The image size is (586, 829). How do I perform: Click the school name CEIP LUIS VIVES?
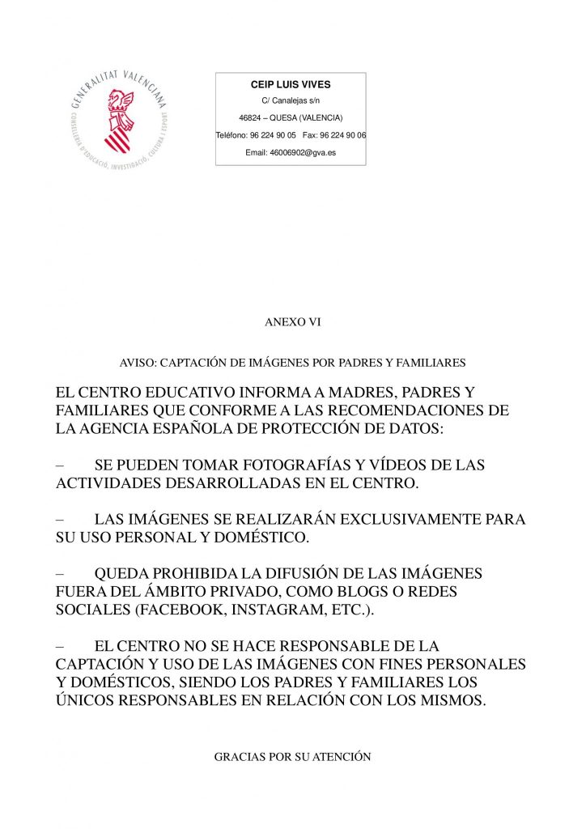click(x=291, y=84)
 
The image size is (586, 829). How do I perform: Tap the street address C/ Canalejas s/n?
click(x=291, y=100)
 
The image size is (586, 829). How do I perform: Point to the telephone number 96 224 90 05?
click(x=273, y=134)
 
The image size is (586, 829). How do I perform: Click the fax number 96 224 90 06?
click(x=343, y=134)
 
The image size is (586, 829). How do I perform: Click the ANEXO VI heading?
click(x=292, y=322)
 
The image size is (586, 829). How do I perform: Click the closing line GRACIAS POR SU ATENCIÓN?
click(x=292, y=757)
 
